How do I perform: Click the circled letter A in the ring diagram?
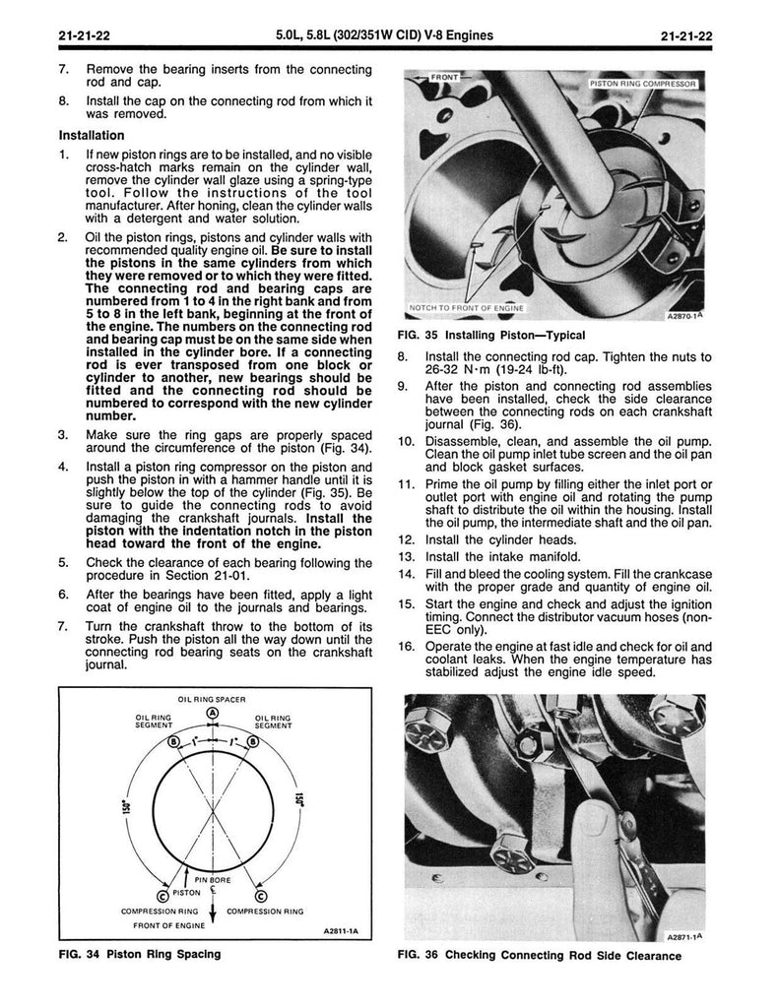point(214,714)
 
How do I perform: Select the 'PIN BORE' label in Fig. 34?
point(213,877)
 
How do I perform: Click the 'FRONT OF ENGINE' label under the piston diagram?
point(168,925)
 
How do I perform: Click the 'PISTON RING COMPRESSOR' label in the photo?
point(644,86)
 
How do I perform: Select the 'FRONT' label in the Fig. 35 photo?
point(441,75)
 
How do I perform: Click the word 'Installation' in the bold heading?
point(92,135)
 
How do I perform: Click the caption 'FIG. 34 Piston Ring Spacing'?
point(138,954)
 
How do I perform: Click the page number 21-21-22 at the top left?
point(82,37)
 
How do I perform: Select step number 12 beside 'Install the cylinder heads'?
point(406,539)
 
